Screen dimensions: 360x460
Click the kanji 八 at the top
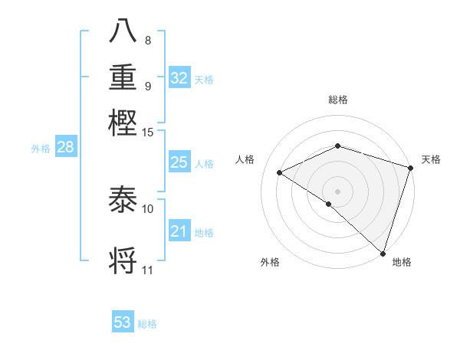click(123, 31)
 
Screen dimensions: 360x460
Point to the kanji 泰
click(123, 200)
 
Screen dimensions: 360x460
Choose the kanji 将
click(123, 260)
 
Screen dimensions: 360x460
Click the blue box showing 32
click(179, 78)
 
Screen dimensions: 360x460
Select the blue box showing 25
click(179, 162)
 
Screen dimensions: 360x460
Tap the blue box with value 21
click(179, 231)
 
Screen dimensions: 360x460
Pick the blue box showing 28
click(65, 148)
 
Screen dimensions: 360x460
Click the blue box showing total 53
click(123, 322)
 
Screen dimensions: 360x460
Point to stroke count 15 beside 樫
click(148, 133)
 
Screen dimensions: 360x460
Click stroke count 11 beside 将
click(148, 270)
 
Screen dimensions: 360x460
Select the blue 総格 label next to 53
click(148, 324)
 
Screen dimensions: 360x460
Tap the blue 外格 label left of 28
click(40, 149)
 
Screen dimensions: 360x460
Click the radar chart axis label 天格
click(431, 159)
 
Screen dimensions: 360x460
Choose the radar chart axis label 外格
click(270, 262)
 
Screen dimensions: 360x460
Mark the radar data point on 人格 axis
click(280, 172)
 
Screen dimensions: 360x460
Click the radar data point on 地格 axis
click(381, 252)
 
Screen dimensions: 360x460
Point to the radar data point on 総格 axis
click(337, 146)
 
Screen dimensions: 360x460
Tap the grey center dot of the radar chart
click(337, 191)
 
